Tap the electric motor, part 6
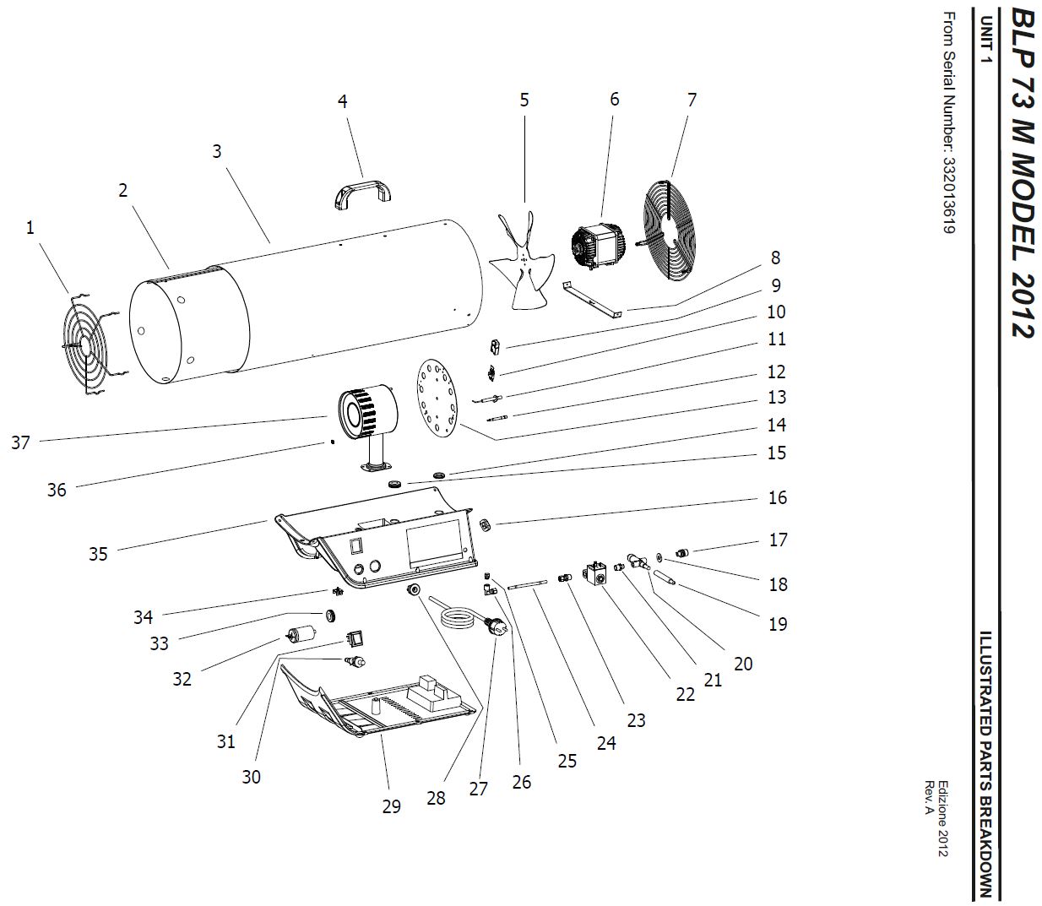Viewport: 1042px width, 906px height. [x=597, y=247]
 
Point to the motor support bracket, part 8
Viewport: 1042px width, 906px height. [x=593, y=301]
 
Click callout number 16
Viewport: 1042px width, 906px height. [x=777, y=497]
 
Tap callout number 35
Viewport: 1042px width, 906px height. [x=98, y=554]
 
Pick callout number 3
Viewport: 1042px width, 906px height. [x=217, y=151]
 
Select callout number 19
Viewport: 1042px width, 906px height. [x=778, y=624]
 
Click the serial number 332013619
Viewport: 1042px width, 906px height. [x=948, y=195]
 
